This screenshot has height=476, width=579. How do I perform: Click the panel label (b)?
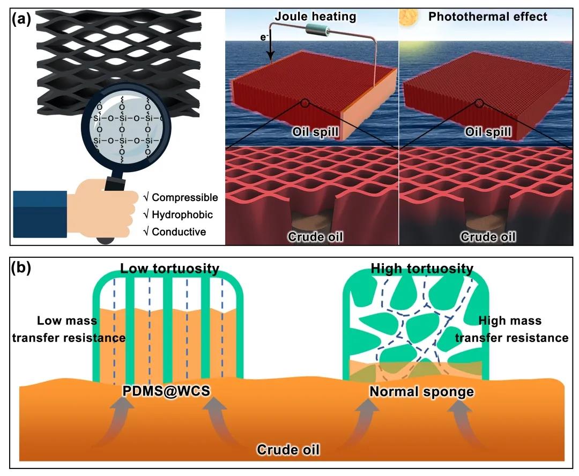point(21,267)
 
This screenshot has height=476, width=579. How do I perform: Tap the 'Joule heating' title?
point(315,17)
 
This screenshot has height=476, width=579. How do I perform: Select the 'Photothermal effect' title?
point(487,17)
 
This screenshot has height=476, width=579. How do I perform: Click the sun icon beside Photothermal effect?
point(409,17)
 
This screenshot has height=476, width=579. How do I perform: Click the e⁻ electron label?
point(264,37)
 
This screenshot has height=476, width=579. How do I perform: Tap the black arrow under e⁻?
point(271,47)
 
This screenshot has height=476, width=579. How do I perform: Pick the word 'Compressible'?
point(184,198)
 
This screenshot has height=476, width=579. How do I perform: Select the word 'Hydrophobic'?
point(182,214)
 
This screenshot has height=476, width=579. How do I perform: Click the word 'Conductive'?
point(179,232)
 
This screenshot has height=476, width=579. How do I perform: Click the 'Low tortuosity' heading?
point(169,269)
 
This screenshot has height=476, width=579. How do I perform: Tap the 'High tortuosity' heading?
point(422,269)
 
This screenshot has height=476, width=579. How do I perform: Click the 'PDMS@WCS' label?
point(166,391)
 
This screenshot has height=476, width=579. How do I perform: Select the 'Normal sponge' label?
point(422,391)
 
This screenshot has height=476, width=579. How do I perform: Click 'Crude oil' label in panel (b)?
point(288,449)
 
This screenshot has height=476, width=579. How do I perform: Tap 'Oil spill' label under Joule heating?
point(315,132)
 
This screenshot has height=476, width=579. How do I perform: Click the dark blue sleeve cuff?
point(40,214)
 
